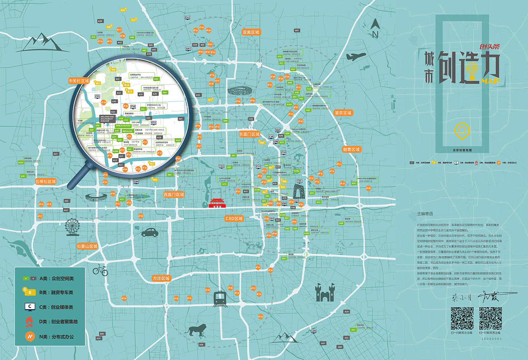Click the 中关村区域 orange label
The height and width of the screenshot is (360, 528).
click(x=79, y=81)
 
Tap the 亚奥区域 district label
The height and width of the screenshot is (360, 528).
click(x=251, y=32)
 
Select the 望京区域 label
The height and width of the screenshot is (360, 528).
click(x=343, y=113)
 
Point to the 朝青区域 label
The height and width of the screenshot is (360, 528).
click(x=351, y=149)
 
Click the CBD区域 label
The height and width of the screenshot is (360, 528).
click(x=234, y=218)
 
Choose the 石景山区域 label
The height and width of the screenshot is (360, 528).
click(x=87, y=246)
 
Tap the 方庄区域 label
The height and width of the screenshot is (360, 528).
click(x=161, y=278)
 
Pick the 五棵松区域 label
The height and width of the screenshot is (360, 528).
click(x=45, y=182)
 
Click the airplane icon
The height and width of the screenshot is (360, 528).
click(x=356, y=57)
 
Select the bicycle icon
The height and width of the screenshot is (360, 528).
click(x=100, y=270)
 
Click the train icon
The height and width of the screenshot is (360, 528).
click(x=219, y=298)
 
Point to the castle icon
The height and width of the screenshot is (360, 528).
click(x=325, y=292)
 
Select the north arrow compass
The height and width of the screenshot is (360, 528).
click(x=375, y=28)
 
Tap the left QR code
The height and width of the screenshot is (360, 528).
click(x=462, y=318)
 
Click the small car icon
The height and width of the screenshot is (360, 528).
click(x=150, y=232)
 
